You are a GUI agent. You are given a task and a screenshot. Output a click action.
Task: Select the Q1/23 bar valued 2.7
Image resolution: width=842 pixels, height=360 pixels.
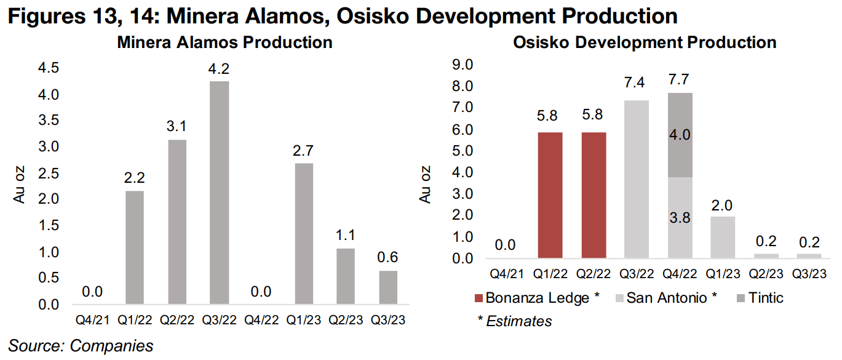[303, 233]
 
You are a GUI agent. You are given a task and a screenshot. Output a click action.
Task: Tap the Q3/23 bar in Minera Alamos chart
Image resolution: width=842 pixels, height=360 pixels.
[387, 287]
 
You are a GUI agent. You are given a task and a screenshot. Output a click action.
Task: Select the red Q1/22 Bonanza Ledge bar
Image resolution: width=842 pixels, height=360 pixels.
[550, 195]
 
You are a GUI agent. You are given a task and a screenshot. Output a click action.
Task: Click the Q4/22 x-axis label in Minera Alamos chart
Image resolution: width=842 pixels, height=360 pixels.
[261, 321]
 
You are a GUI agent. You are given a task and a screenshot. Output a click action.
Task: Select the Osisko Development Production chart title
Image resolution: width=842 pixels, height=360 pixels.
[644, 42]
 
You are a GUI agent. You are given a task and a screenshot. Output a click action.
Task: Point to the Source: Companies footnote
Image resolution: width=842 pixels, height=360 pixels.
[81, 346]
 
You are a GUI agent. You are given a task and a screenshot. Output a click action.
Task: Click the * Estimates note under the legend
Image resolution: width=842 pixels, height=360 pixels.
[514, 321]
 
